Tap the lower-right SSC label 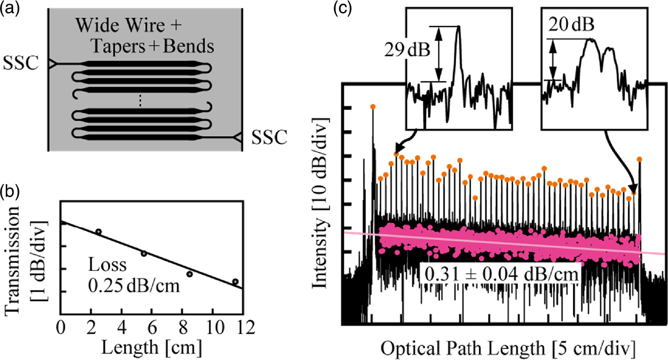[270, 137]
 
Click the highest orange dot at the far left [373, 107]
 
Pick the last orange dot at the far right [639, 158]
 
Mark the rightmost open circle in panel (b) [235, 282]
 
